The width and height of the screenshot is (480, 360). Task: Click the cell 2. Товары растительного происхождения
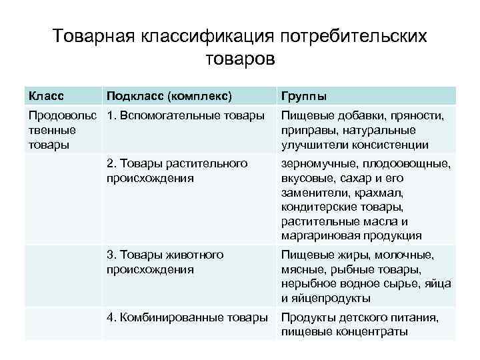click(x=177, y=171)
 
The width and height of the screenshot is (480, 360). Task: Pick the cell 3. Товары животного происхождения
click(x=165, y=262)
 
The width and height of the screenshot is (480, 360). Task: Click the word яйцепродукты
click(x=329, y=298)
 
